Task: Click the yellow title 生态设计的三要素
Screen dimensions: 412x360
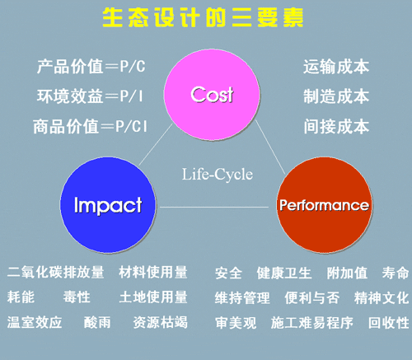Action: point(203,17)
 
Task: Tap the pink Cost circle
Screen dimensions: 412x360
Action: point(212,95)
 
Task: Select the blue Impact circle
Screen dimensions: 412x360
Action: point(108,205)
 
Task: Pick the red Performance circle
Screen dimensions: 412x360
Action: point(325,205)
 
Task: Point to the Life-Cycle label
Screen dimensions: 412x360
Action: point(218,174)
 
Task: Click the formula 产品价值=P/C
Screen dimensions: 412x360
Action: point(91,67)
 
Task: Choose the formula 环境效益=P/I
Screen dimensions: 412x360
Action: point(90,96)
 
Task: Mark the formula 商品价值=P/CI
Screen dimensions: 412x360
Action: point(90,126)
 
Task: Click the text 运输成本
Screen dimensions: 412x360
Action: point(336,67)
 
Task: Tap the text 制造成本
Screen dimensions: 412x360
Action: point(336,96)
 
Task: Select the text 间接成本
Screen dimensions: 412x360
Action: point(336,126)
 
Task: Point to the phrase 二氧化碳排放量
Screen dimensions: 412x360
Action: point(56,272)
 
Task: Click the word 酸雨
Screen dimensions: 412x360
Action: point(97,322)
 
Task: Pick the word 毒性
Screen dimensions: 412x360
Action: point(77,297)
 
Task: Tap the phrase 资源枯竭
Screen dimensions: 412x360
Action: point(161,322)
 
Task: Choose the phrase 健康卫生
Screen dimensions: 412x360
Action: point(284,273)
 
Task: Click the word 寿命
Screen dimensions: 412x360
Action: point(396,273)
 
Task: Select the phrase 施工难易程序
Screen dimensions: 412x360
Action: point(312,323)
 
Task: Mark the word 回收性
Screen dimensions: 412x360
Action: point(389,323)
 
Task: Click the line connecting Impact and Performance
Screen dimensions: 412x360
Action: point(214,207)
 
